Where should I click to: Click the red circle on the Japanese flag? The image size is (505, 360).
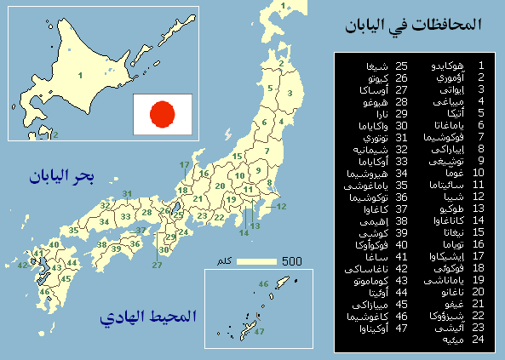pyautogui.click(x=162, y=113)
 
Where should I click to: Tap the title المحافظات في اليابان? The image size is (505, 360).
pyautogui.click(x=413, y=26)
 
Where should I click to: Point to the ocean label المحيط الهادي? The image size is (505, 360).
pyautogui.click(x=148, y=317)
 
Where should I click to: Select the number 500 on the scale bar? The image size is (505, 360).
pyautogui.click(x=291, y=261)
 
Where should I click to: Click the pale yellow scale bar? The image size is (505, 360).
pyautogui.click(x=257, y=261)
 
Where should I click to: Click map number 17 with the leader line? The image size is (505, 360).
pyautogui.click(x=184, y=165)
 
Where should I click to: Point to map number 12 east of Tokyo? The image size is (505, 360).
pyautogui.click(x=282, y=207)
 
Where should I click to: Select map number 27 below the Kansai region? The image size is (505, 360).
pyautogui.click(x=157, y=265)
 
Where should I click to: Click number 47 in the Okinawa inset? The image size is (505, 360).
pyautogui.click(x=259, y=331)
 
